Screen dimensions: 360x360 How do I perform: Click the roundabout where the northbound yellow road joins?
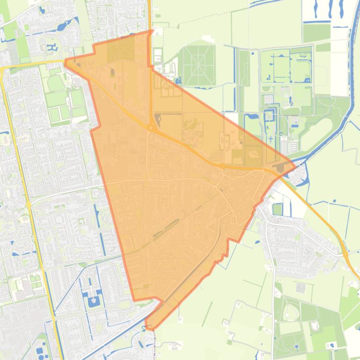151,127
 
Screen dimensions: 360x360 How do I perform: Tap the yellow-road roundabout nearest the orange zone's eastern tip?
222,165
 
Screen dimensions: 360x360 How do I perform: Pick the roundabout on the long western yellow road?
29,204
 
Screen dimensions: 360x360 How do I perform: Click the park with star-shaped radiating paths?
198,65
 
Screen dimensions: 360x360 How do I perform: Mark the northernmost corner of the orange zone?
153,31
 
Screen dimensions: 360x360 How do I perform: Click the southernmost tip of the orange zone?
151,330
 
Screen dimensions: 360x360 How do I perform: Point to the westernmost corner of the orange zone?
65,61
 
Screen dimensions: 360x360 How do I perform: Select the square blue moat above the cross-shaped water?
270,115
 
